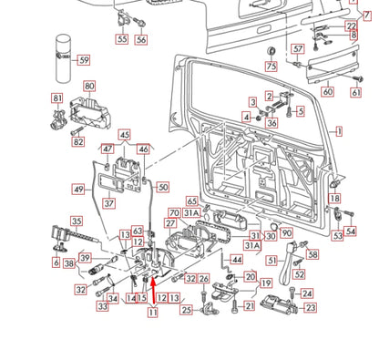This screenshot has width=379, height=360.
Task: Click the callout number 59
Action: click(x=83, y=60)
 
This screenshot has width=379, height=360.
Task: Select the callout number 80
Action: click(x=89, y=87)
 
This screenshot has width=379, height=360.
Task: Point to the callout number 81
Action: click(x=57, y=98)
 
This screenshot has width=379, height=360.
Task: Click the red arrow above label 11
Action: click(x=153, y=293)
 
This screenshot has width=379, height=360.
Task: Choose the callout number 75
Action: click(x=270, y=67)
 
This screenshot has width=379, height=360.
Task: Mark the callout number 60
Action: click(x=328, y=92)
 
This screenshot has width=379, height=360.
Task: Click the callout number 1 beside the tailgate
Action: click(x=340, y=132)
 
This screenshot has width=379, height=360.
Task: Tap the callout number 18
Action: click(x=334, y=198)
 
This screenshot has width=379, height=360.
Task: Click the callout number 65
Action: click(x=191, y=201)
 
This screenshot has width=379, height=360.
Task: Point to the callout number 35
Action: click(x=77, y=221)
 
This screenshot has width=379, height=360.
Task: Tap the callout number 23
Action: click(x=310, y=308)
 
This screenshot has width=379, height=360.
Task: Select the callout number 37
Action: click(x=108, y=203)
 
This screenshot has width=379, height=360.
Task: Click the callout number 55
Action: click(x=121, y=40)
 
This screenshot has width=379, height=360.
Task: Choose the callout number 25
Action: click(x=186, y=311)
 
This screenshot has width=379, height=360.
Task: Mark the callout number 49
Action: click(x=78, y=190)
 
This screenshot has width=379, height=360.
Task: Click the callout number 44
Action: click(x=237, y=260)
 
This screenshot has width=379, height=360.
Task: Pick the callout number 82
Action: click(x=77, y=141)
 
